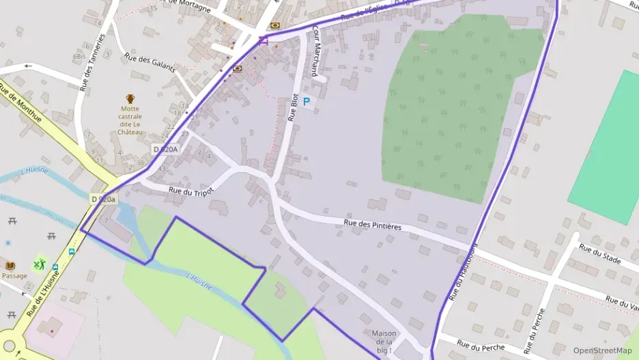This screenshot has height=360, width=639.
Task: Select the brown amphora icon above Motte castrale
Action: (130, 98)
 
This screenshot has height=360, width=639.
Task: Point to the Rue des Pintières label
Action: (372, 224)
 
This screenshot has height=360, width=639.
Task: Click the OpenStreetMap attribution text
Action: (602, 350)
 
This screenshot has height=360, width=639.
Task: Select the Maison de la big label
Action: (384, 342)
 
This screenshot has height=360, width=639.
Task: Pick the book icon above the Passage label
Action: (10, 265)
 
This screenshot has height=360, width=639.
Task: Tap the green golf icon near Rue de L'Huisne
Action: (40, 264)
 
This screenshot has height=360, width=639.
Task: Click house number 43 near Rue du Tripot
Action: (162, 168)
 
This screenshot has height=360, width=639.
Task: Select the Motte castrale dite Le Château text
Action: (130, 120)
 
